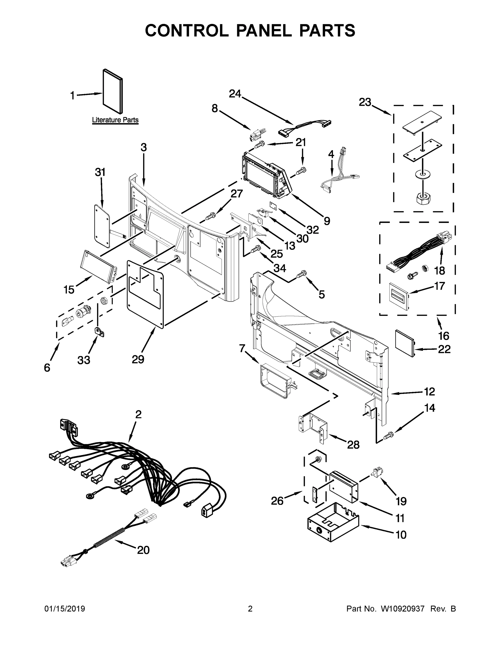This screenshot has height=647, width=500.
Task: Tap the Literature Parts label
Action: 115,120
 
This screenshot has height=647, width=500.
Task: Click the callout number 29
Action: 138,359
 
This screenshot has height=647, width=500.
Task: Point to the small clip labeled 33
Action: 99,332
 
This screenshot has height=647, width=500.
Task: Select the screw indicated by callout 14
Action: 388,435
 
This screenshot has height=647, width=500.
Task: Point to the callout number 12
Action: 429,392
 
